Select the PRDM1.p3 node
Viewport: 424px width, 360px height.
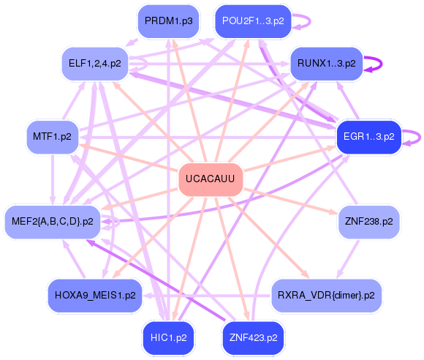click(x=168, y=21)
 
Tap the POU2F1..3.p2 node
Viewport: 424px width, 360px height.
click(x=253, y=21)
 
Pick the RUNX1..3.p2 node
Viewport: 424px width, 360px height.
click(x=327, y=64)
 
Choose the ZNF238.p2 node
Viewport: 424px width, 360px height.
click(x=368, y=220)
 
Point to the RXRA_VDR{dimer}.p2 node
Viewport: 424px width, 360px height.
click(x=326, y=296)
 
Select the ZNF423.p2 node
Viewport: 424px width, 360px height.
click(x=253, y=337)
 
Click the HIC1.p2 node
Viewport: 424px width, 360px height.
click(x=169, y=337)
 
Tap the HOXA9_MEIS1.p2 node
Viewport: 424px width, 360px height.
click(x=95, y=296)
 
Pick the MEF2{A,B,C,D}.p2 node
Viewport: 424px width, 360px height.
click(x=53, y=220)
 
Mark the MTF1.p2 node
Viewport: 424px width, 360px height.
click(x=53, y=136)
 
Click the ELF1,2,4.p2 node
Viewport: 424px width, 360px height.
click(x=95, y=64)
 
